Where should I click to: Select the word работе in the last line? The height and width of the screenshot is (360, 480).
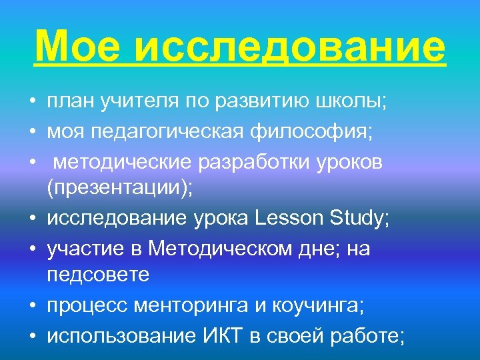tap(367, 335)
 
